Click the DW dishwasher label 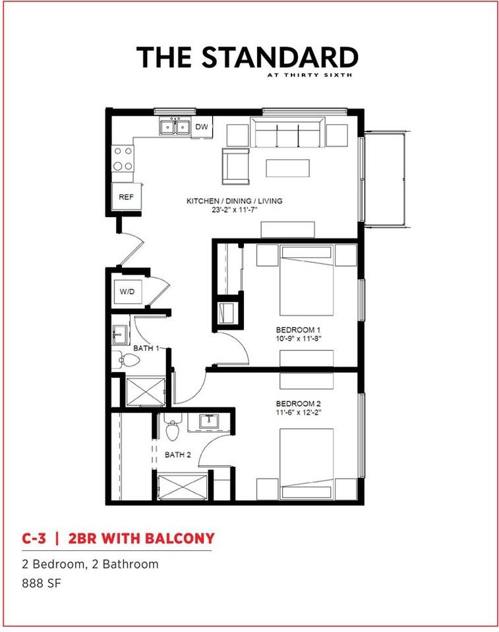[202, 126]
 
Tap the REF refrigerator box [127, 196]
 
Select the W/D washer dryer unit [127, 292]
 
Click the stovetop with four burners [123, 158]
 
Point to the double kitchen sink [175, 127]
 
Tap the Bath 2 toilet [173, 428]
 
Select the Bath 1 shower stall [145, 391]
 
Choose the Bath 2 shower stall [182, 488]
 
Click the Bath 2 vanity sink [209, 422]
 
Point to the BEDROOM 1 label [298, 330]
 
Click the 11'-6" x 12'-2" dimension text [299, 412]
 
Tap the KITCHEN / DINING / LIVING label [234, 201]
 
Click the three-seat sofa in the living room [287, 132]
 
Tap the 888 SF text [42, 583]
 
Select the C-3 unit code [34, 538]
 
